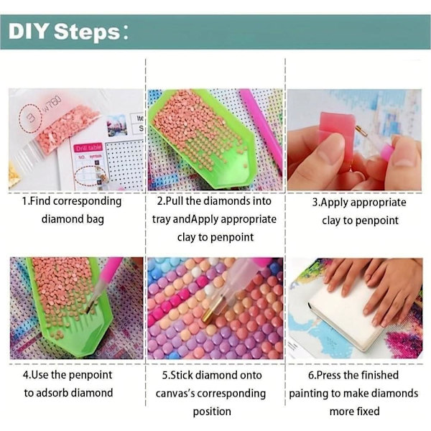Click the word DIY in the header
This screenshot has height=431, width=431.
29,31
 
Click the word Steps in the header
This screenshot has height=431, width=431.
87,32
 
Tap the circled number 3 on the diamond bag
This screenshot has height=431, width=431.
30,118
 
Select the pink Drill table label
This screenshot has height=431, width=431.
88,147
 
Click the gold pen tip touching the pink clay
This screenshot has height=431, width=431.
361,131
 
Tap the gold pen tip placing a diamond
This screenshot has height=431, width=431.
211,311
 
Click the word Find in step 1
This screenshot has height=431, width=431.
40,201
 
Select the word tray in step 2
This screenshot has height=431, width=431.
162,219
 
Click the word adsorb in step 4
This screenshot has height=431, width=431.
52,392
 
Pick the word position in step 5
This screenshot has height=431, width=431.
212,412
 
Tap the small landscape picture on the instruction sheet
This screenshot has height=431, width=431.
117,125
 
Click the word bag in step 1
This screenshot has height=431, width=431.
96,220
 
